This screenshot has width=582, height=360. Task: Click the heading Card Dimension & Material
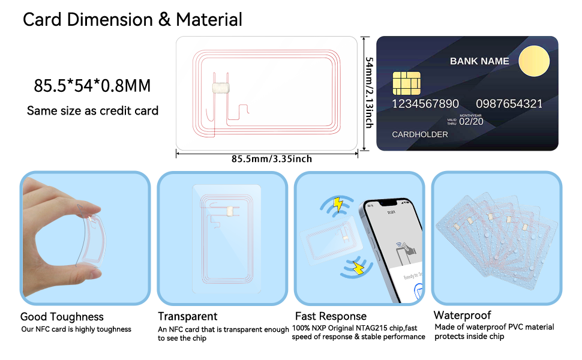click(133, 19)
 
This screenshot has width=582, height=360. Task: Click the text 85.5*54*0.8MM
click(92, 86)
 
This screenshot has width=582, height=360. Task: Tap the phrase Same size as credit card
click(92, 111)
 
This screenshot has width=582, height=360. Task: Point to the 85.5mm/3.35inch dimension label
click(271, 159)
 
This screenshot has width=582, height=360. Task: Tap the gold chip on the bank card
click(406, 83)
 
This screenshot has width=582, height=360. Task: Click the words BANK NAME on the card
click(479, 61)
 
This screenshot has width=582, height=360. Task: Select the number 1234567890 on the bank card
click(425, 104)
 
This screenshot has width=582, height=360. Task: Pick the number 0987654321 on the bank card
click(509, 104)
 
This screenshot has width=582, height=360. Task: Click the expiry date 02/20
click(472, 121)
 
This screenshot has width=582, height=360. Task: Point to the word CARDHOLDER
click(420, 134)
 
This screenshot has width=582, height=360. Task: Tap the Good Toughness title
click(62, 317)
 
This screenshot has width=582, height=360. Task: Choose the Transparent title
click(187, 316)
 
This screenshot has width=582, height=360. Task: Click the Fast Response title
click(331, 316)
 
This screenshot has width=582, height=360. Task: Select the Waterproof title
click(462, 315)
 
